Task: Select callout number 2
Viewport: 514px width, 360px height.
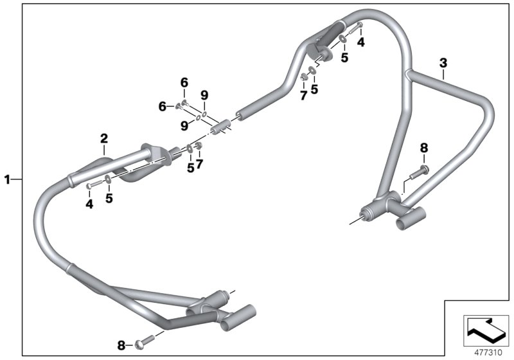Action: [x=103, y=138]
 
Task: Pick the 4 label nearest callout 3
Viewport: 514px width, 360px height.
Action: [x=360, y=42]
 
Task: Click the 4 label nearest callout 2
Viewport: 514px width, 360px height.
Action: [x=89, y=204]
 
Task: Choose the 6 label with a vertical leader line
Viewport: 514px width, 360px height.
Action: [x=184, y=82]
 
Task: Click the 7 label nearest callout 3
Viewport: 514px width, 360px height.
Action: [x=303, y=95]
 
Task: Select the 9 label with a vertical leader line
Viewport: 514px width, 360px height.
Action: [x=204, y=96]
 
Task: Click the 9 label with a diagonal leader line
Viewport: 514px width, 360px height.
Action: [x=183, y=125]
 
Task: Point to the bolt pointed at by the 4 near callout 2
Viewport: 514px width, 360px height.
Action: [x=92, y=186]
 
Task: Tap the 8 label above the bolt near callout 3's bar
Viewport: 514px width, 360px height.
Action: [x=423, y=148]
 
